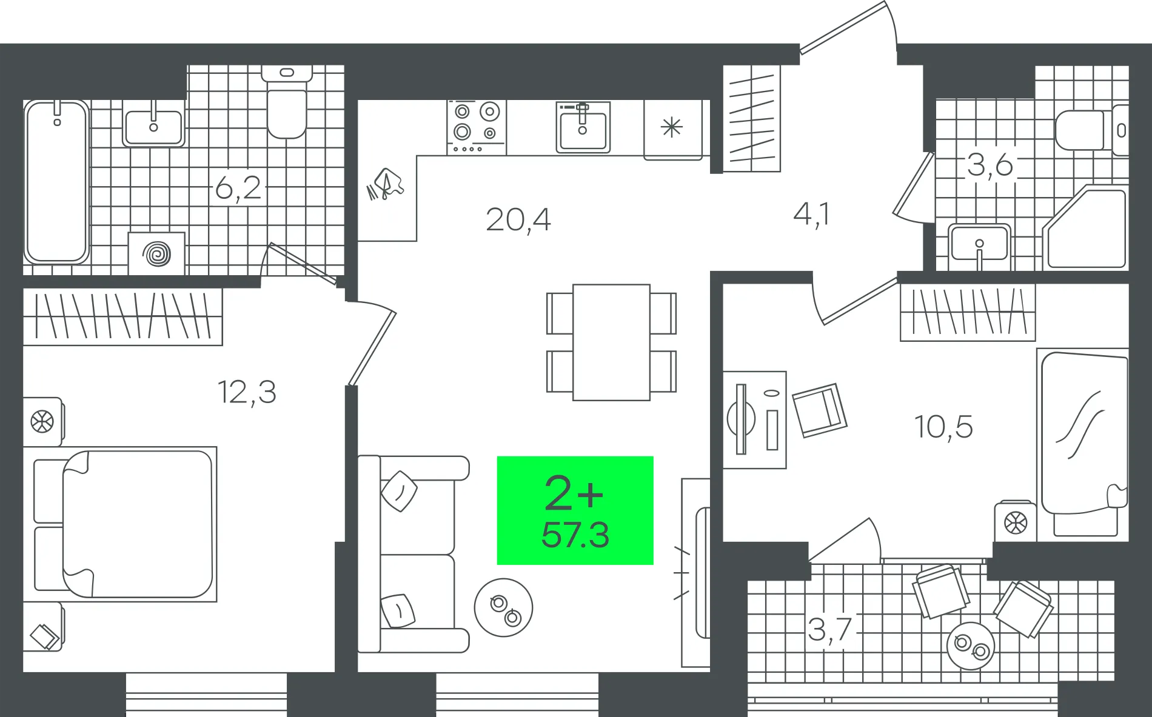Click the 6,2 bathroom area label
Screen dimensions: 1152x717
click(238, 187)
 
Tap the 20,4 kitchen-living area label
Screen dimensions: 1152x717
click(518, 219)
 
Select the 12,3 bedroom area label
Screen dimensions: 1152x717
click(247, 392)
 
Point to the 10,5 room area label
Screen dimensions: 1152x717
click(943, 427)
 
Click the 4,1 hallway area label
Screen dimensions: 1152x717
click(811, 214)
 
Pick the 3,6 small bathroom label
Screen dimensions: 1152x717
click(990, 165)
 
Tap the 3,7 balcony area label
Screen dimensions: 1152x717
click(829, 629)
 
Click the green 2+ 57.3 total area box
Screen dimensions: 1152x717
click(575, 510)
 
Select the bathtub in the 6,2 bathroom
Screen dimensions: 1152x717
click(56, 182)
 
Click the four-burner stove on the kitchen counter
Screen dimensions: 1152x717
click(477, 128)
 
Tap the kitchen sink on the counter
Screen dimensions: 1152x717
click(583, 127)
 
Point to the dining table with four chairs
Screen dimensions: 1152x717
click(611, 342)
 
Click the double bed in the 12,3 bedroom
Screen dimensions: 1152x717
click(124, 524)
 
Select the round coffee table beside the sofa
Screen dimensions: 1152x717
click(503, 607)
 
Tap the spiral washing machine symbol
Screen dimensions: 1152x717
click(156, 253)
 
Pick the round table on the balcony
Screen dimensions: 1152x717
click(971, 645)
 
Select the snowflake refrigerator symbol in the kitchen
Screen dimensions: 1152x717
click(672, 128)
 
